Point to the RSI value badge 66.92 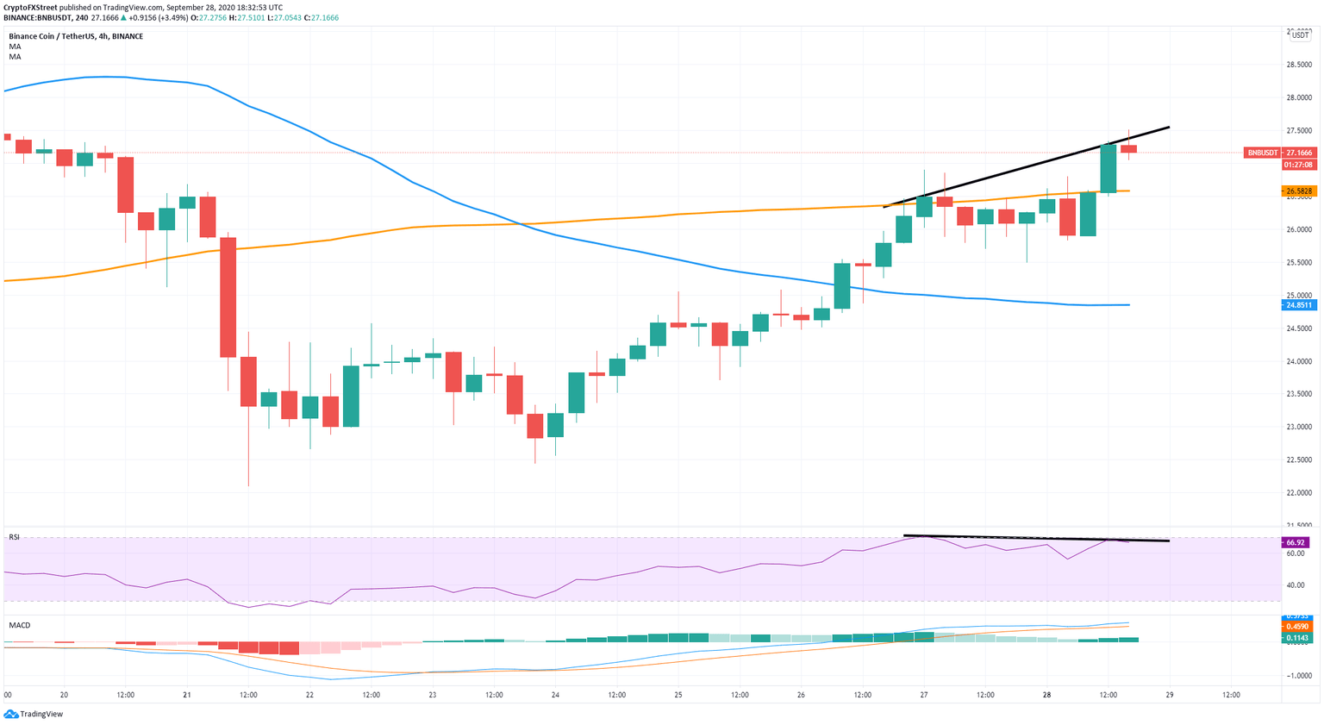click(1296, 542)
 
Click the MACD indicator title click(20, 625)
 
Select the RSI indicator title click(15, 537)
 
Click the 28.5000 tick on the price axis click(1299, 65)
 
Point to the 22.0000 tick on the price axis click(1299, 493)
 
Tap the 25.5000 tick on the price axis click(1299, 263)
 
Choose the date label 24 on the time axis click(555, 695)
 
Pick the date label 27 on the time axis click(924, 695)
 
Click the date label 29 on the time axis click(1170, 695)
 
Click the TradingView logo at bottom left click(34, 714)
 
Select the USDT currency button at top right click(1300, 35)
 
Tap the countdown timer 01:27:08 click(1298, 164)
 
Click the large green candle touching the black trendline click(1109, 168)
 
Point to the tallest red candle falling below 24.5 click(228, 297)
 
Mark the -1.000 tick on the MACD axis click(1299, 676)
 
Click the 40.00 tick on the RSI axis click(1295, 585)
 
